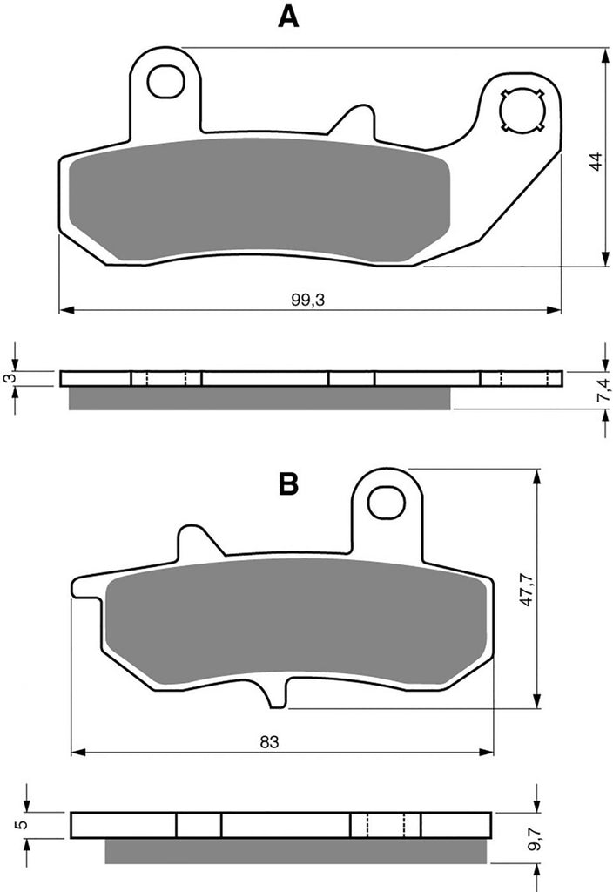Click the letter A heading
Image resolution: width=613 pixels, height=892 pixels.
click(288, 17)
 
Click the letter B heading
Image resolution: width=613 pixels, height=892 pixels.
click(289, 484)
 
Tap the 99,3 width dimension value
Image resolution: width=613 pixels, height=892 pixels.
click(307, 300)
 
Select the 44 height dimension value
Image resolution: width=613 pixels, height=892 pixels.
click(596, 161)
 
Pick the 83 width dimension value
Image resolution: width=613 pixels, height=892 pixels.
click(270, 742)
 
